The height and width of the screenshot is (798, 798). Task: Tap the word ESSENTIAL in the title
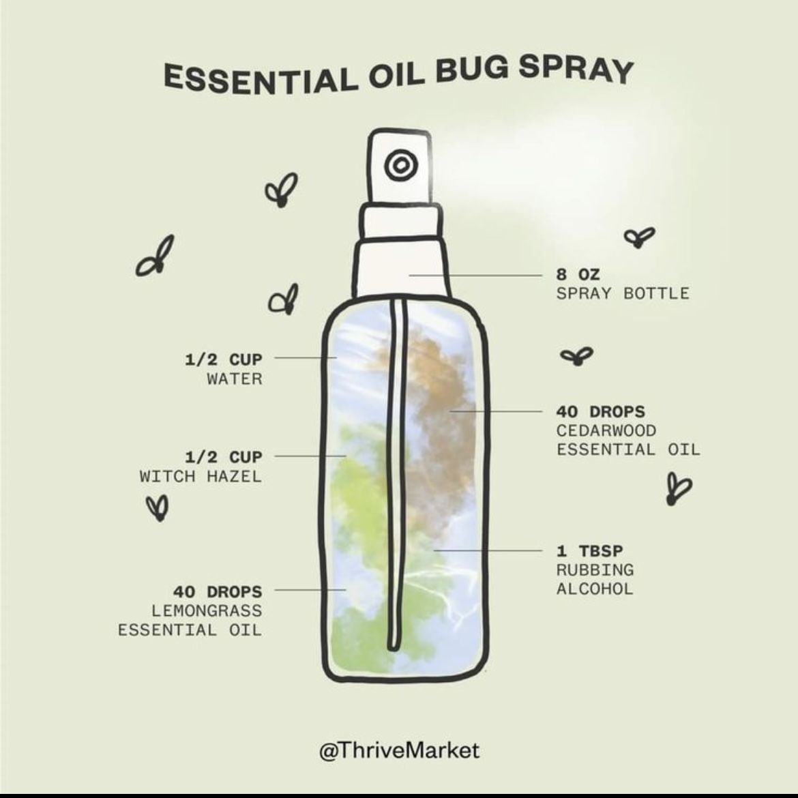[x=260, y=80]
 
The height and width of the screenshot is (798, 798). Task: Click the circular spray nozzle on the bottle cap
[x=401, y=165]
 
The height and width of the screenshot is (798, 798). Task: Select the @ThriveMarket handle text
[x=399, y=751]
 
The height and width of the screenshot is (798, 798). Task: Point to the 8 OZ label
[x=578, y=275]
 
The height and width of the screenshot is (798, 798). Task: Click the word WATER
[x=235, y=379]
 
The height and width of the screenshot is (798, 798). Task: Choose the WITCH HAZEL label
[x=201, y=476]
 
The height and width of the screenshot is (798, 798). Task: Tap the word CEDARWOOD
[x=606, y=430]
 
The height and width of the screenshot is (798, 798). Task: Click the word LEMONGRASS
[x=207, y=610]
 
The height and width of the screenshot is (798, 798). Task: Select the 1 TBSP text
[x=589, y=550]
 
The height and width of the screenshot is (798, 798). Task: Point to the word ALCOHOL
[x=595, y=589]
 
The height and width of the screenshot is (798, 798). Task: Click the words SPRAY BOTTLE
[x=623, y=294]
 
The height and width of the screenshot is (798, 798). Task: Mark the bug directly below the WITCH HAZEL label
[x=158, y=507]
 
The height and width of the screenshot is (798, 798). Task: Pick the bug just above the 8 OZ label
[x=639, y=237]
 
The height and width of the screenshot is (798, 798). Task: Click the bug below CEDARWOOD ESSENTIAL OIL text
[x=679, y=488]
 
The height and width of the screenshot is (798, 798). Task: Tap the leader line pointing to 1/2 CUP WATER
[x=306, y=358]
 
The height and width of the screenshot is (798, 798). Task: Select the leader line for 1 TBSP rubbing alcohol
[x=488, y=550]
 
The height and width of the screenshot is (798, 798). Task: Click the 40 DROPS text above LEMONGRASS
[x=218, y=592]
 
